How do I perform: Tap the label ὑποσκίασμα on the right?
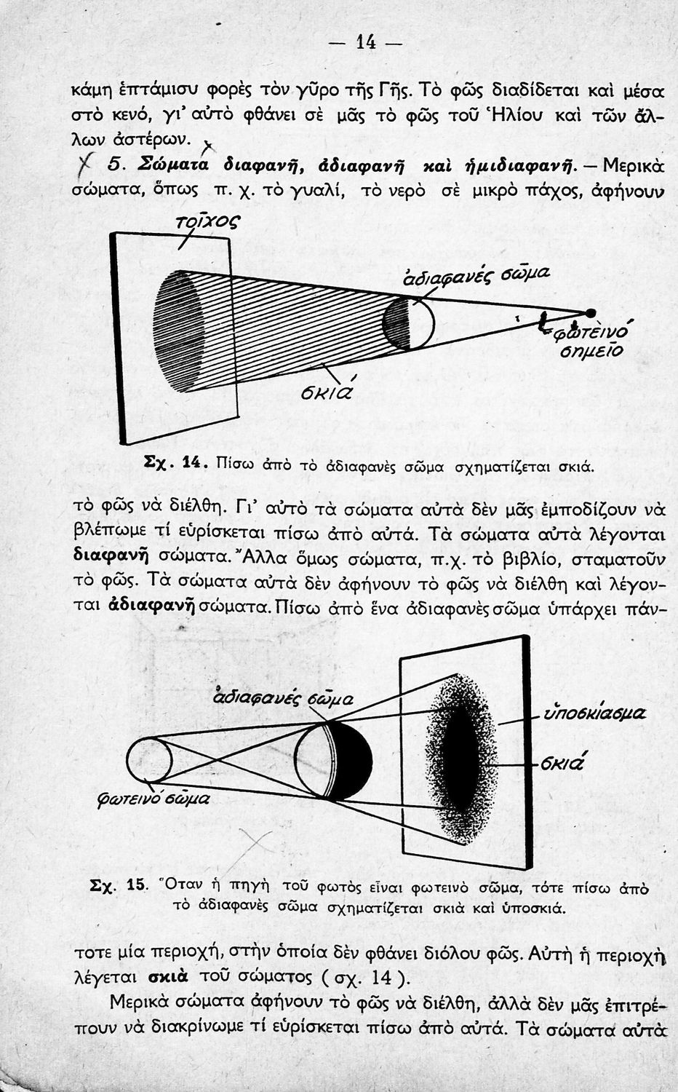(x=595, y=713)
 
